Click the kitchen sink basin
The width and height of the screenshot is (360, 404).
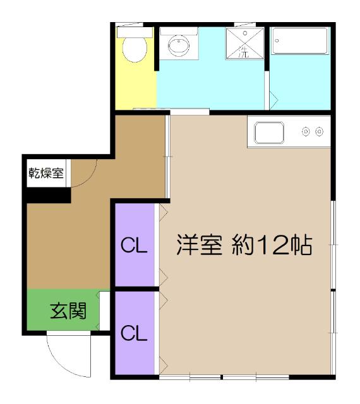coord(270,133)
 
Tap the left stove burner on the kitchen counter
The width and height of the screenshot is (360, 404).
coord(306,132)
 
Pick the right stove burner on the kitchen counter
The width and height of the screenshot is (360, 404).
coord(320,132)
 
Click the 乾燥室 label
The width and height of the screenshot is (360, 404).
coord(46,173)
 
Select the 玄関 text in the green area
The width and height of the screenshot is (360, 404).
coord(68,310)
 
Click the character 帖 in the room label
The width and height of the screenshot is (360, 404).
coord(302,245)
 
